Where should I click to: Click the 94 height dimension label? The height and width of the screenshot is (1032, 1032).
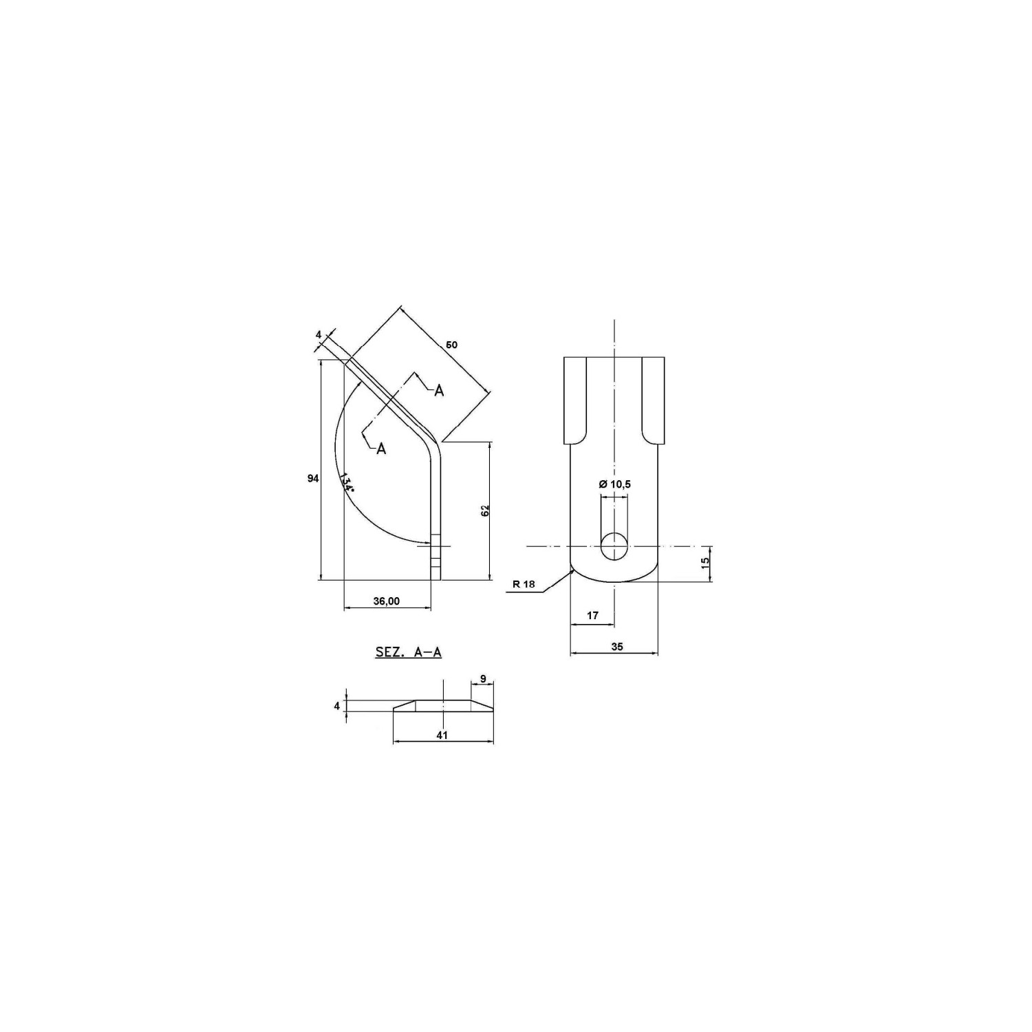pyautogui.click(x=313, y=478)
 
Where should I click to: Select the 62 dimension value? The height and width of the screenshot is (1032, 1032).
pyautogui.click(x=485, y=510)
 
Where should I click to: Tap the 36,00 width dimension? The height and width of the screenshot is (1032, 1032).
pyautogui.click(x=386, y=601)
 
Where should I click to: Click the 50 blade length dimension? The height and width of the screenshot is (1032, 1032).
pyautogui.click(x=452, y=344)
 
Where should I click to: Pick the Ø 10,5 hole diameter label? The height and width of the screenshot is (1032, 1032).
pyautogui.click(x=615, y=484)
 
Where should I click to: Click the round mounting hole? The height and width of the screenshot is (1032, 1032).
pyautogui.click(x=614, y=546)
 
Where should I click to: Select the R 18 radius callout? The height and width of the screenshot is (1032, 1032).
pyautogui.click(x=524, y=585)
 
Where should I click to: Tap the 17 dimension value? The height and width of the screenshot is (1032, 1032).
pyautogui.click(x=593, y=615)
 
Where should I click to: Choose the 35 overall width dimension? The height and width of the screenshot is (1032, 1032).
pyautogui.click(x=616, y=646)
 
